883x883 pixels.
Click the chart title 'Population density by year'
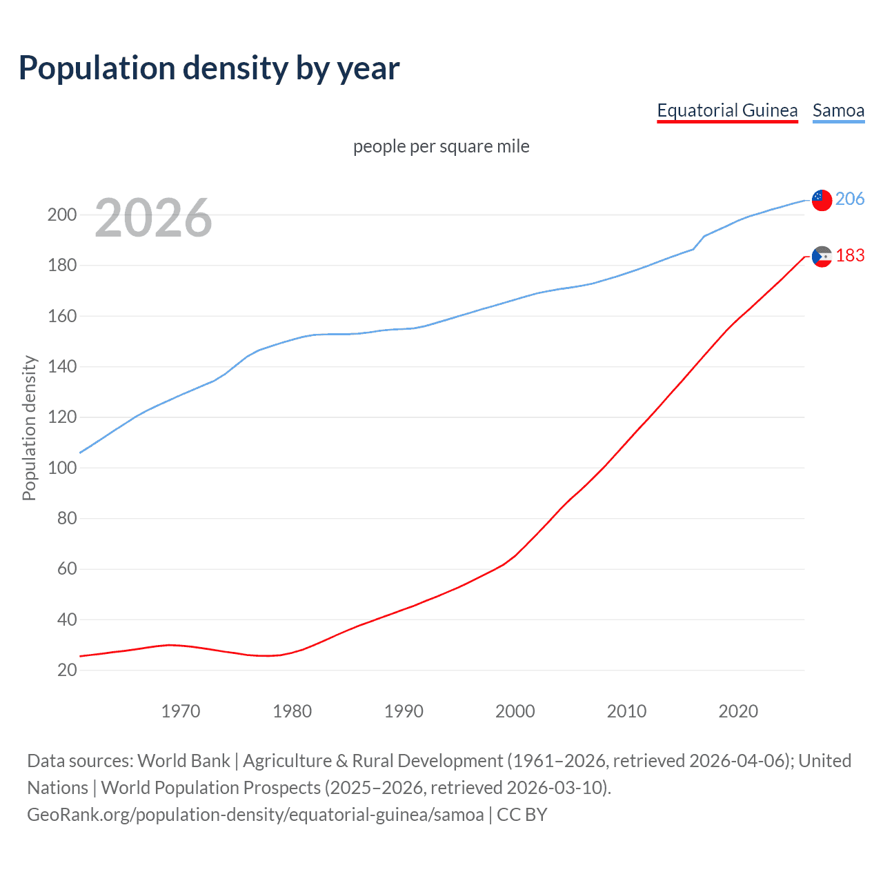[209, 68]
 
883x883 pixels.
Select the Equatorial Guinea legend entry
[727, 110]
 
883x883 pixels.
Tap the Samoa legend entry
[838, 110]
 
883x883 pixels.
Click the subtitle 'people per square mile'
[441, 146]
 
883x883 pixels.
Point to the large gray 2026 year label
[153, 218]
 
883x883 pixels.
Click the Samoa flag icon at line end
[822, 200]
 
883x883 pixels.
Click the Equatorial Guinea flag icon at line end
[822, 257]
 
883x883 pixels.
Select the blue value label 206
[850, 199]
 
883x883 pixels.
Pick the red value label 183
[850, 255]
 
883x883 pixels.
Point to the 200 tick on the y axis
[62, 215]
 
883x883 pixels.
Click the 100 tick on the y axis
[62, 468]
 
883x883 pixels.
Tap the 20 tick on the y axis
[67, 670]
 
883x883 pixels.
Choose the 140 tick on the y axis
[62, 366]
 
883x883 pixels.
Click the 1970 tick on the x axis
[181, 711]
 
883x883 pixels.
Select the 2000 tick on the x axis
[515, 711]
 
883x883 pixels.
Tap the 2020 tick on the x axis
[738, 711]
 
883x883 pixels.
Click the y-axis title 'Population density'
[29, 428]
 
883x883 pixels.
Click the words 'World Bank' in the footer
[183, 761]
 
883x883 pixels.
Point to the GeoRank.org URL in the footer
[255, 815]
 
